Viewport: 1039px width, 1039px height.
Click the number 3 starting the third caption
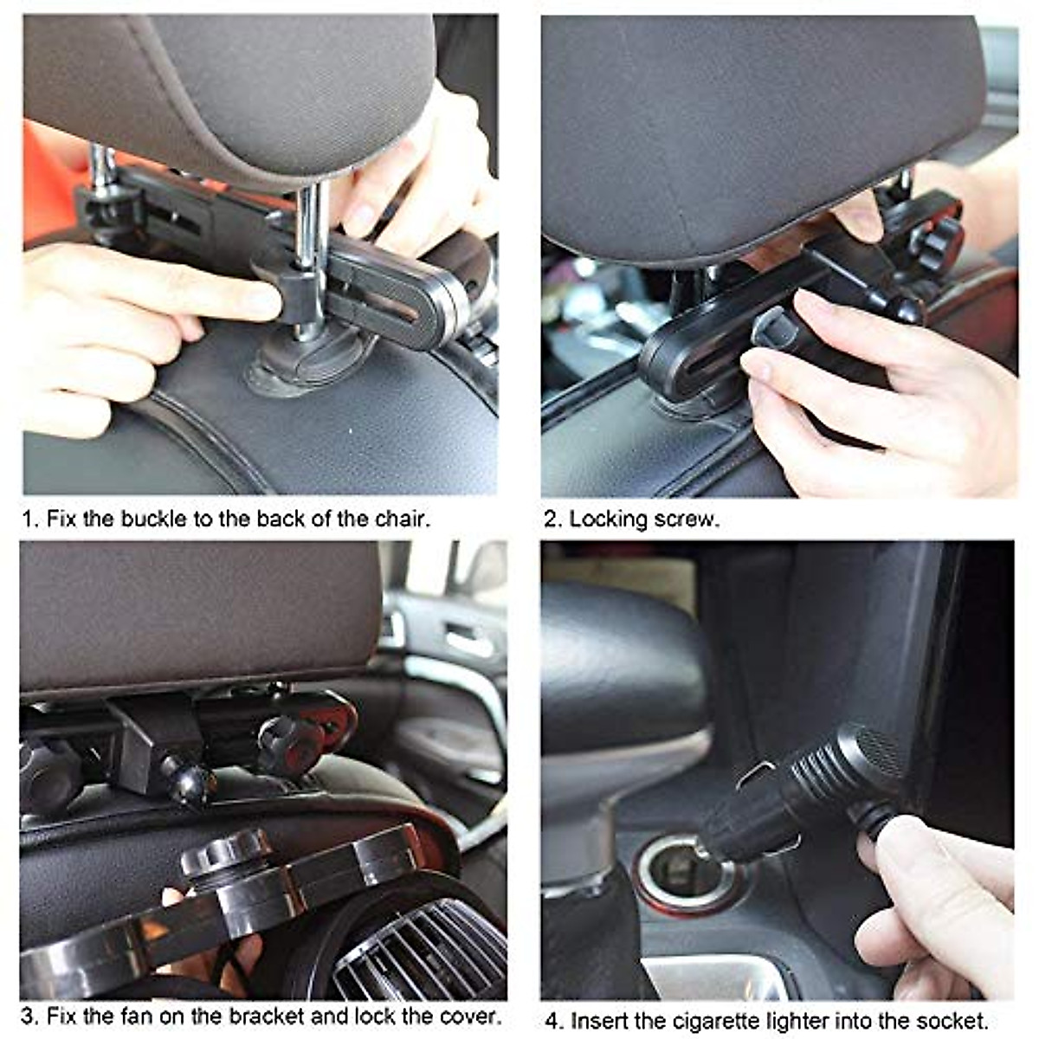tap(28, 1016)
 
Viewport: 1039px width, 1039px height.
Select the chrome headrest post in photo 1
tap(310, 225)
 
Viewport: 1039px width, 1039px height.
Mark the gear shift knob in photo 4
tap(619, 667)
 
